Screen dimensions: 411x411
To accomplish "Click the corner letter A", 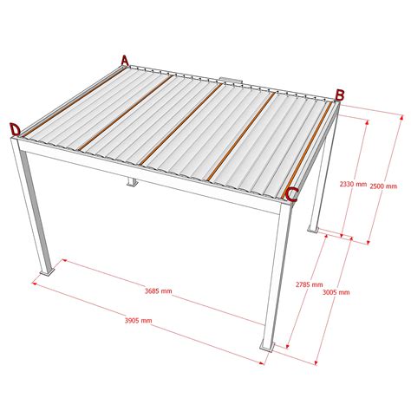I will (x=125, y=61).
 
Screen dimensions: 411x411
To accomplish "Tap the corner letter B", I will (x=340, y=95).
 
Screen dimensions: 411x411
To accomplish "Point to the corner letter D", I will (x=15, y=130).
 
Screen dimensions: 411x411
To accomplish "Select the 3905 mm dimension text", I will (x=138, y=321).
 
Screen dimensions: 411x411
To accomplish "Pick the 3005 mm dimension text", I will (x=336, y=292).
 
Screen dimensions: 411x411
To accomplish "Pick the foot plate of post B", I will (x=314, y=231).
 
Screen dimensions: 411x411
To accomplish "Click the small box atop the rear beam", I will (x=231, y=81).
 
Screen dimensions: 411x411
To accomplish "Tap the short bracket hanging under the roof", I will (x=132, y=183).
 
